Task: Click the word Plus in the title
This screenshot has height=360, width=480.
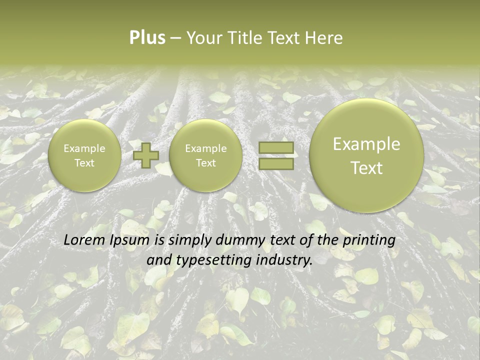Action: coord(147,38)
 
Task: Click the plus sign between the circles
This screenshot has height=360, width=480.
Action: coord(146,155)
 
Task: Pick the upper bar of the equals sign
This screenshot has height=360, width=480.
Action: coord(275,148)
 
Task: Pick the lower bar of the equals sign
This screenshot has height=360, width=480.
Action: coord(275,163)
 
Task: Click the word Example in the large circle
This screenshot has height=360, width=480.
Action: coord(366,144)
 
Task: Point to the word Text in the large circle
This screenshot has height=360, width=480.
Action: coord(366,168)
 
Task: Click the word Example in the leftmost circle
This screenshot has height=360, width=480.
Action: coord(84,148)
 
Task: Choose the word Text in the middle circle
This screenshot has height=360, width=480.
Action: coord(205,163)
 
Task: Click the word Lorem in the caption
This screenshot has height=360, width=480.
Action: coord(82,240)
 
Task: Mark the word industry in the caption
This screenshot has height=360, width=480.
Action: coord(283,260)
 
